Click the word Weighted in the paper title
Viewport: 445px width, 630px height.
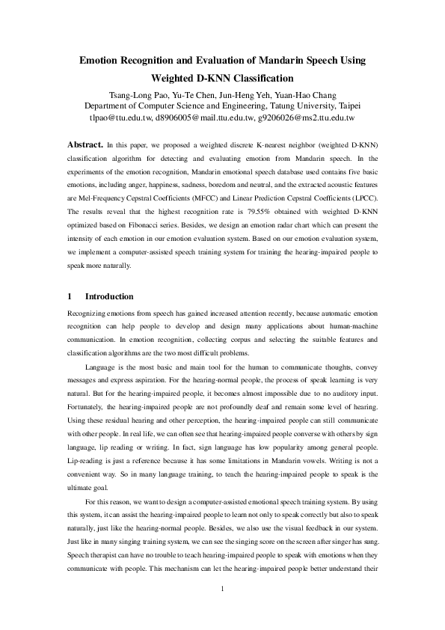pyautogui.click(x=177, y=78)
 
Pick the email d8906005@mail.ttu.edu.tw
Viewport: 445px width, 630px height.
pyautogui.click(x=203, y=117)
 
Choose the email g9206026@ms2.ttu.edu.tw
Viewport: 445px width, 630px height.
pyautogui.click(x=305, y=117)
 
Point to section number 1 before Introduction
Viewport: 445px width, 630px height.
pyautogui.click(x=70, y=296)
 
